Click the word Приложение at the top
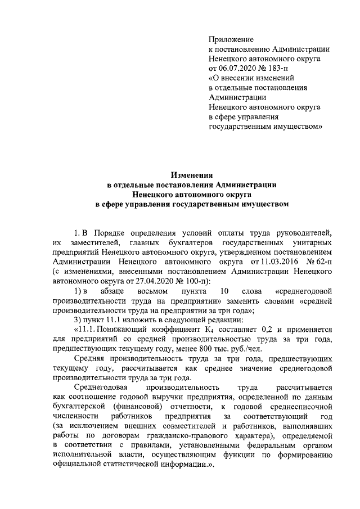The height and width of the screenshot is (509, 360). [x=231, y=40]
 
